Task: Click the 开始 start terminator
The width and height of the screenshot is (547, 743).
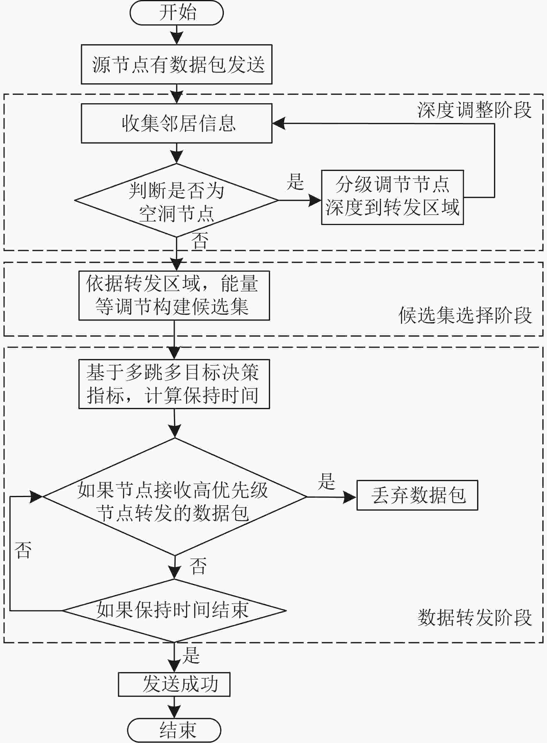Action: tap(177, 12)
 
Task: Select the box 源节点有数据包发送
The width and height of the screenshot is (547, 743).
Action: tap(177, 64)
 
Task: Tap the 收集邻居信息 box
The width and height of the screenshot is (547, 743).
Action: tap(177, 124)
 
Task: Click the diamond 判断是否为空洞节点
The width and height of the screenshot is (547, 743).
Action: tap(177, 200)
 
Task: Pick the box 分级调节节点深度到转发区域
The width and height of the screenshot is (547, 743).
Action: tap(392, 198)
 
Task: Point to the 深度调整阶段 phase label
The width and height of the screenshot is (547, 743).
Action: tap(474, 110)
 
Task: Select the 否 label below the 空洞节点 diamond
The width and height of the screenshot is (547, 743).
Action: tap(200, 241)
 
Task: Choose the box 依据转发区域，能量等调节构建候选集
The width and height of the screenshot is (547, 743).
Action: tap(174, 295)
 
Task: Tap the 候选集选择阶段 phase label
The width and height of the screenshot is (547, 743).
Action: tap(465, 315)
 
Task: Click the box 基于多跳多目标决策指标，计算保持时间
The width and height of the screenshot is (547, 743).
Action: tap(174, 384)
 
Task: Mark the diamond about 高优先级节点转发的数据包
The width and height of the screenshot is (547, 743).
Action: tap(175, 497)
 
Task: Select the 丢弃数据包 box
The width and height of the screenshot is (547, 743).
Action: tap(417, 495)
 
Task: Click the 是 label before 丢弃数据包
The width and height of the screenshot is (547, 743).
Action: tap(326, 481)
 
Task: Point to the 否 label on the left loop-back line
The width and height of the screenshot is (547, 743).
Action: tap(23, 550)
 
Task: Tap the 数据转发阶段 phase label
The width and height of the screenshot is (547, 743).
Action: tap(474, 617)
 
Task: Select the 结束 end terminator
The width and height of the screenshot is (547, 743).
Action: tap(174, 730)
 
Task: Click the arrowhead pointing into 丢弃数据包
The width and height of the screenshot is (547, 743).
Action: tap(350, 497)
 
